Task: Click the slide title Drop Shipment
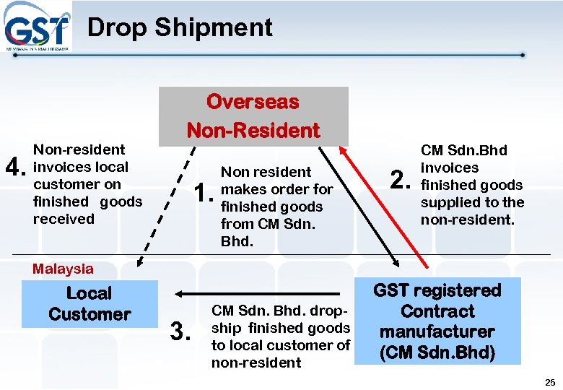(x=180, y=27)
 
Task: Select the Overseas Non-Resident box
(x=253, y=116)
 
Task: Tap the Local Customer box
(x=90, y=304)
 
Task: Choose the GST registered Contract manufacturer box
(x=437, y=321)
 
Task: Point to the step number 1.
(x=204, y=193)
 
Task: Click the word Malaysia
(x=64, y=269)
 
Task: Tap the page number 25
(x=549, y=381)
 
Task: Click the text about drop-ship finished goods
(x=280, y=337)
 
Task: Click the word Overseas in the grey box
(x=253, y=102)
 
